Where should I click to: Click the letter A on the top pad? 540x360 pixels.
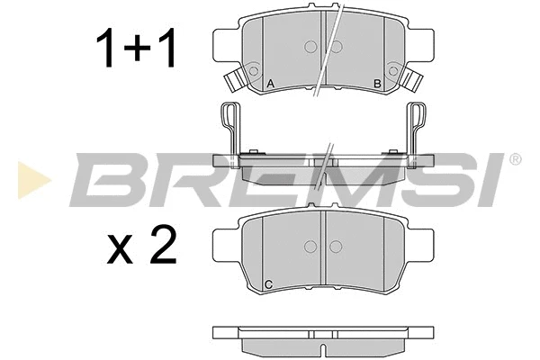(270, 84)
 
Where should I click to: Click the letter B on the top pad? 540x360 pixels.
(377, 84)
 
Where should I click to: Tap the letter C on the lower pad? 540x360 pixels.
(268, 285)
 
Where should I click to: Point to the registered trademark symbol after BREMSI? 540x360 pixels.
(514, 160)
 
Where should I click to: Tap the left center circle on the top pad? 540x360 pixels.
(310, 47)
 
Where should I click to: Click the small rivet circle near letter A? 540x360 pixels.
(254, 68)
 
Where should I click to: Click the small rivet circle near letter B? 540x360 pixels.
(392, 68)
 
